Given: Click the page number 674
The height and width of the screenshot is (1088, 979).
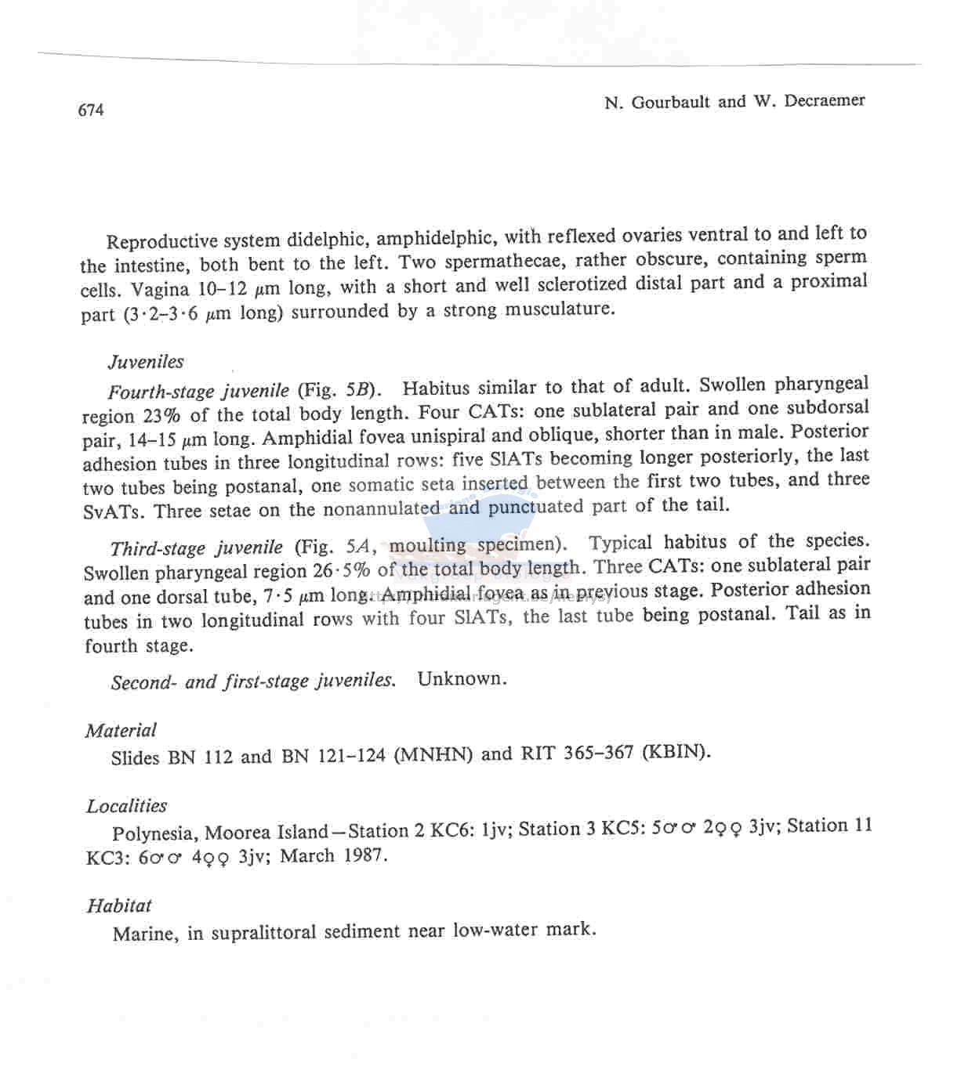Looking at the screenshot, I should click(x=91, y=110).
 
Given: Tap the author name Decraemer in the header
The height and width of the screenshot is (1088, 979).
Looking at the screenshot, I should click(x=824, y=100).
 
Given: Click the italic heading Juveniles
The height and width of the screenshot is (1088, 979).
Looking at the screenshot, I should click(x=146, y=362).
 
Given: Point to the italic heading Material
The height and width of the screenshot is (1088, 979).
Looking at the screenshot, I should click(x=121, y=730).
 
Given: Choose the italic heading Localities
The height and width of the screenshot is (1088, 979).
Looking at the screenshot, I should click(x=126, y=806).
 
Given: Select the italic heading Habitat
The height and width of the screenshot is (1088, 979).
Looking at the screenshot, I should click(x=119, y=905).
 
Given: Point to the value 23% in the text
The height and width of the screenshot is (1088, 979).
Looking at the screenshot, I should click(x=161, y=415).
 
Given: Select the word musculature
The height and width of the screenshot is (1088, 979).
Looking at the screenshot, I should click(x=559, y=309).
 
